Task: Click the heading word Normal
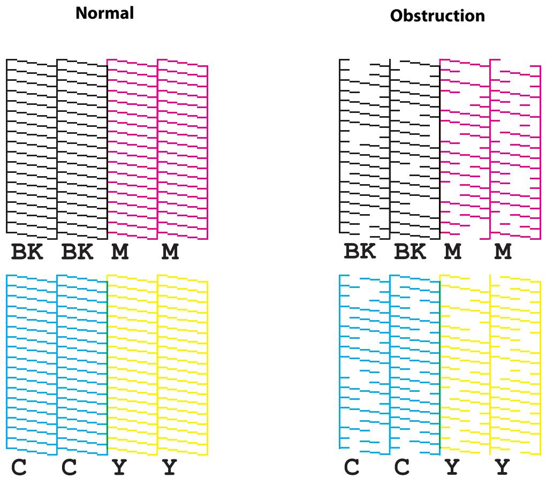tap(104, 13)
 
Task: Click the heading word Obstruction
tap(437, 16)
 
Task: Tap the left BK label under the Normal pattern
tap(27, 252)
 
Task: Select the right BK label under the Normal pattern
tap(77, 252)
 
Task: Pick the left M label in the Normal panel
tap(120, 252)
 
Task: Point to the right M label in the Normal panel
tap(170, 252)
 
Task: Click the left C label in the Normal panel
tap(19, 467)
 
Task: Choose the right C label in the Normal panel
tap(69, 467)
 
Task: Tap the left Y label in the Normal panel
tap(119, 467)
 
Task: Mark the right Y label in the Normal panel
tap(170, 467)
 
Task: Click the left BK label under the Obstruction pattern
tap(360, 252)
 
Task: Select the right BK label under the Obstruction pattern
tap(410, 252)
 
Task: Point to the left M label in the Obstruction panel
tap(453, 252)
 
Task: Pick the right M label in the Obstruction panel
tap(503, 252)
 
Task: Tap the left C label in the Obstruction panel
tap(352, 467)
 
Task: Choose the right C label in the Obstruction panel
tap(402, 467)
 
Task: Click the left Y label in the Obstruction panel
tap(452, 467)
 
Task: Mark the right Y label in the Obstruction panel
tap(503, 467)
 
